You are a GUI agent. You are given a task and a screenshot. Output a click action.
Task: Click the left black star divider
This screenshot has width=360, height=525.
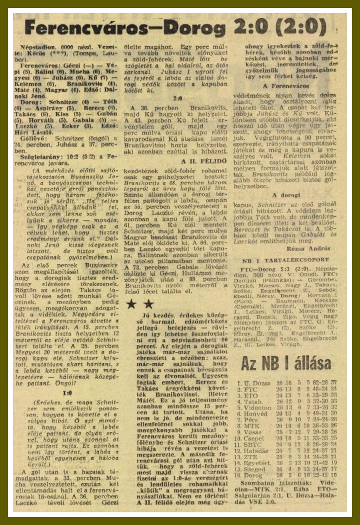point(131,304)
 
